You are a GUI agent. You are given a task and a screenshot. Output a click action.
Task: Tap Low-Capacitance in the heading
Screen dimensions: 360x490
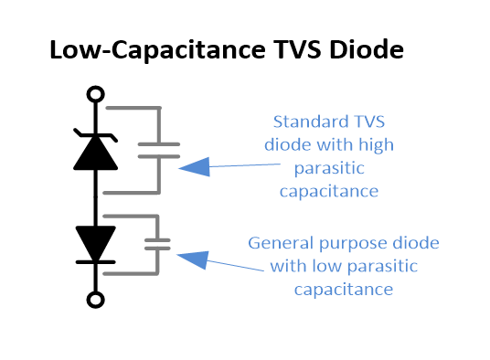coord(152,51)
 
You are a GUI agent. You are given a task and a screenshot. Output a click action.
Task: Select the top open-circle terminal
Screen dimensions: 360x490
coord(94,93)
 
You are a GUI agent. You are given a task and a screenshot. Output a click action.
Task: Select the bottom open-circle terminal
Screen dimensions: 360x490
coord(94,299)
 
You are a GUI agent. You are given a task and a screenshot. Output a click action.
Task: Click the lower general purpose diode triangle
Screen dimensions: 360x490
coord(94,242)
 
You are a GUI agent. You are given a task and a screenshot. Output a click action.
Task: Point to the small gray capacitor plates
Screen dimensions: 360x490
coord(158,244)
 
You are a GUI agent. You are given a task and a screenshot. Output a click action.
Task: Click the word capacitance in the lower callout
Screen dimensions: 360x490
coord(343,290)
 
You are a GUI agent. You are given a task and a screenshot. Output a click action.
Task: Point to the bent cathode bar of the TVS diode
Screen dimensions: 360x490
coord(94,134)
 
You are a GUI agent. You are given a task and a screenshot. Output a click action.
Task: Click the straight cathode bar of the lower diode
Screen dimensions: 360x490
coord(94,260)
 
